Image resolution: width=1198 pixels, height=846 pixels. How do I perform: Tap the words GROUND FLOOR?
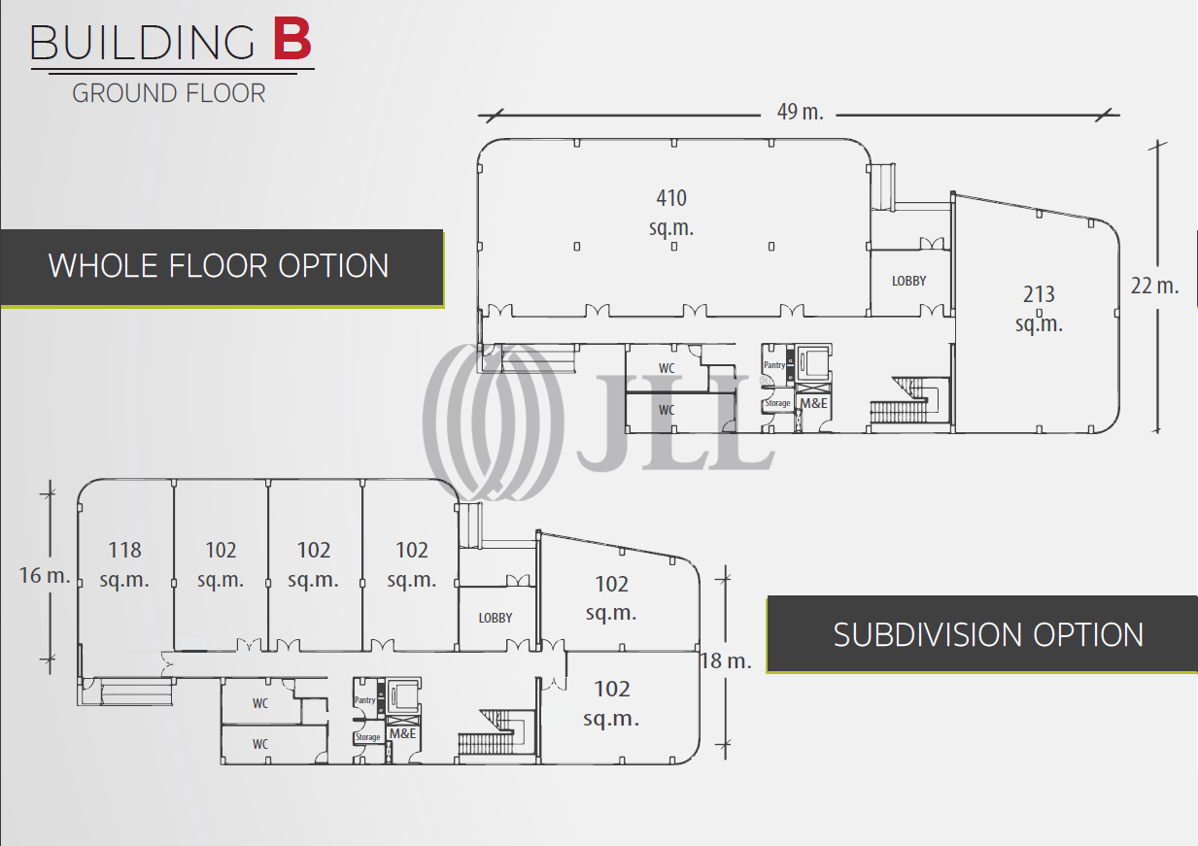169,93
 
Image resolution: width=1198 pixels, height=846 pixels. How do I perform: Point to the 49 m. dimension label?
800,112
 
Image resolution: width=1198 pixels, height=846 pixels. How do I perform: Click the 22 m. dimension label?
1154,286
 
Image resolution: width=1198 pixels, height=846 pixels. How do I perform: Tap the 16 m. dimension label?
45,575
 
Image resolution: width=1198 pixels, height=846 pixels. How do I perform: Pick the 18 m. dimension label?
726,660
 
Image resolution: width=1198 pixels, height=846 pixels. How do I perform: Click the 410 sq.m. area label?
671,212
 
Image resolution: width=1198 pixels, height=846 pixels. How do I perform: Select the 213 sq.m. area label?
1039,308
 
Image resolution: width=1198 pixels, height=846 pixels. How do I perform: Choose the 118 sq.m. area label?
124,564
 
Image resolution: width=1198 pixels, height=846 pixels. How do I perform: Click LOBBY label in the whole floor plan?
908,281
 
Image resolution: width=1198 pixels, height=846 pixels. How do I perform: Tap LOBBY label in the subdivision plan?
496,618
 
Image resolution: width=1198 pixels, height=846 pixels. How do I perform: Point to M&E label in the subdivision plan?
402,733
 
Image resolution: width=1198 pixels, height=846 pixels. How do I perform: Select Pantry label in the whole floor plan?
774,365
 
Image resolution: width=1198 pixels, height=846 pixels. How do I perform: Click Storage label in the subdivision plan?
367,737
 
